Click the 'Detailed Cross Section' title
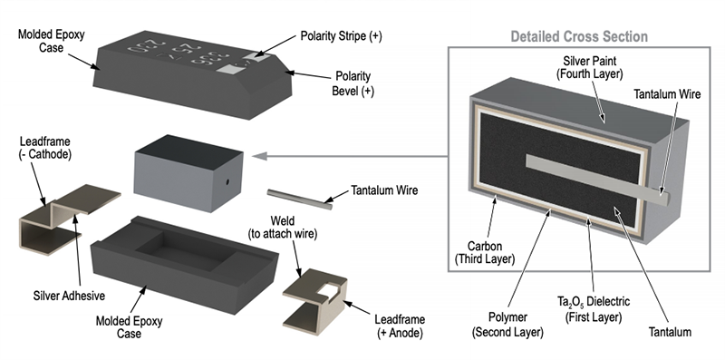click(x=579, y=37)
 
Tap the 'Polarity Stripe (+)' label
click(x=341, y=36)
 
